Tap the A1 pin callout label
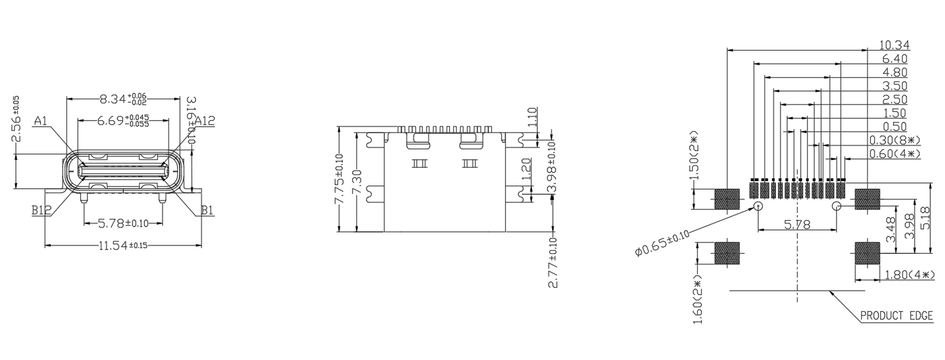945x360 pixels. [x=40, y=121]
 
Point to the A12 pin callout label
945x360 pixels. [x=205, y=121]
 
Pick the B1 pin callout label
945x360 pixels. [x=207, y=210]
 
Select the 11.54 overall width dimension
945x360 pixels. [x=123, y=246]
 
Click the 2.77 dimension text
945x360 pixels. [x=553, y=263]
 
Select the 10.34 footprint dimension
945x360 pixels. [x=894, y=45]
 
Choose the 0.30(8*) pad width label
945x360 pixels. [x=895, y=140]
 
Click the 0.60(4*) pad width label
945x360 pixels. [x=895, y=154]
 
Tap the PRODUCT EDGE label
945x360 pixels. [x=896, y=316]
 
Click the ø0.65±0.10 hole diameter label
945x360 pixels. [x=661, y=243]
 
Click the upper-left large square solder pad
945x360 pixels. [x=727, y=199]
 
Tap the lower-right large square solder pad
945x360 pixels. [x=867, y=253]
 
